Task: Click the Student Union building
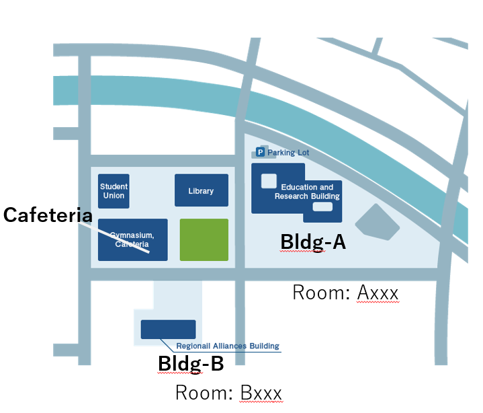click(x=114, y=191)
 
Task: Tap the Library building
click(x=202, y=190)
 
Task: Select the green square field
click(x=204, y=240)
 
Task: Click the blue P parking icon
click(x=260, y=152)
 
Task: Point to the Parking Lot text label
click(x=288, y=153)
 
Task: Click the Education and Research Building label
click(x=307, y=192)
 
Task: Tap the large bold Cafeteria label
click(x=48, y=215)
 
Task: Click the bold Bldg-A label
click(x=313, y=241)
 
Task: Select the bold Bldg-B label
click(x=191, y=363)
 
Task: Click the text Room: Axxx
click(x=345, y=293)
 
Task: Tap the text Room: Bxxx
click(x=228, y=393)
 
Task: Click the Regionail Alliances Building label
click(x=228, y=346)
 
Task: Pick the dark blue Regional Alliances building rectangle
click(x=168, y=330)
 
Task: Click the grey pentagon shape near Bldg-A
click(x=378, y=223)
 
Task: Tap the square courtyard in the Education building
click(x=269, y=181)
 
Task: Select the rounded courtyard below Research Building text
click(x=322, y=206)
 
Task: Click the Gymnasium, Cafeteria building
click(x=133, y=240)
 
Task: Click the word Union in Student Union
click(x=114, y=196)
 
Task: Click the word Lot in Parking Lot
click(x=304, y=153)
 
